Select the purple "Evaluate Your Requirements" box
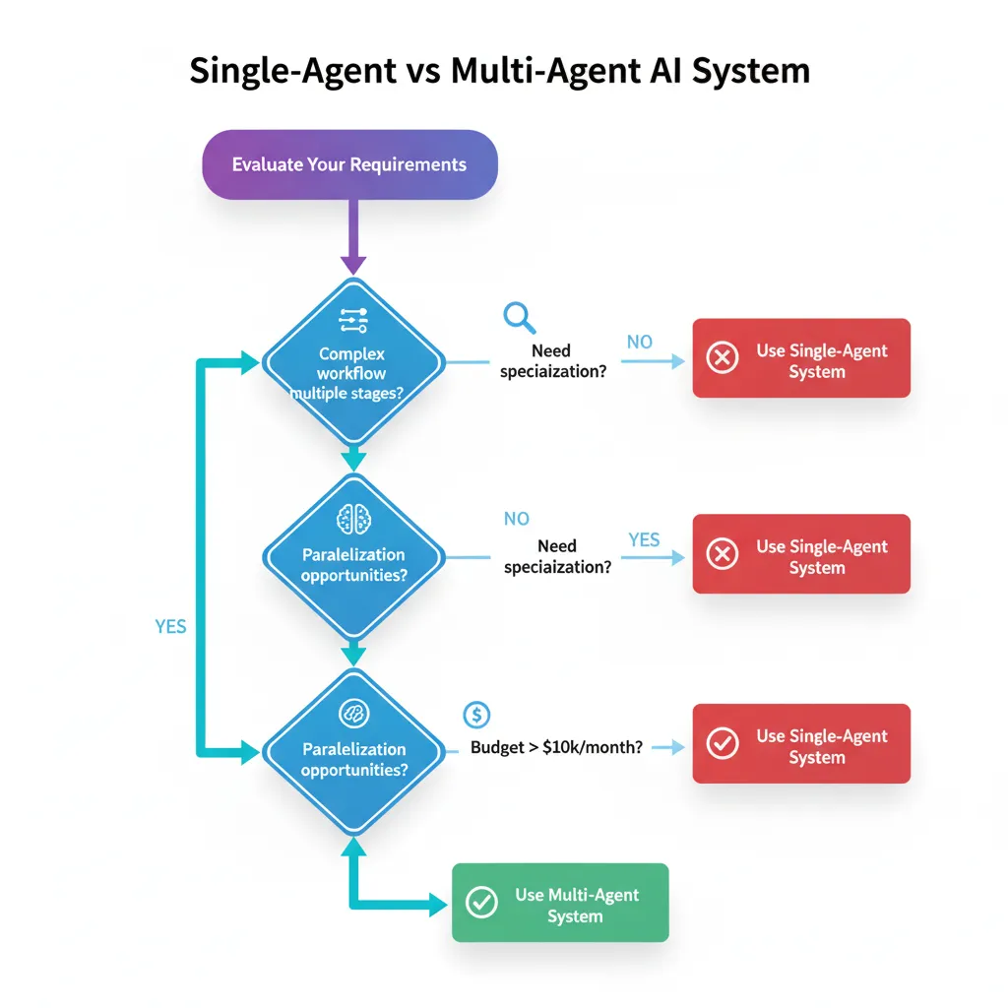(349, 164)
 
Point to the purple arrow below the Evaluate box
(353, 236)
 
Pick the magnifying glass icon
(518, 317)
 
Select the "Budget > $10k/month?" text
(556, 747)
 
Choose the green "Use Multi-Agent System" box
(560, 903)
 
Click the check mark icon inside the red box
(723, 744)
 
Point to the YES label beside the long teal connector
(170, 626)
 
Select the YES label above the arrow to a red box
(644, 539)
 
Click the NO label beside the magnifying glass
(640, 342)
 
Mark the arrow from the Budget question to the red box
(668, 748)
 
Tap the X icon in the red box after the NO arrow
(723, 358)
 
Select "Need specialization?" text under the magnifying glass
(551, 361)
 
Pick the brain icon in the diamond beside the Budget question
(352, 713)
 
